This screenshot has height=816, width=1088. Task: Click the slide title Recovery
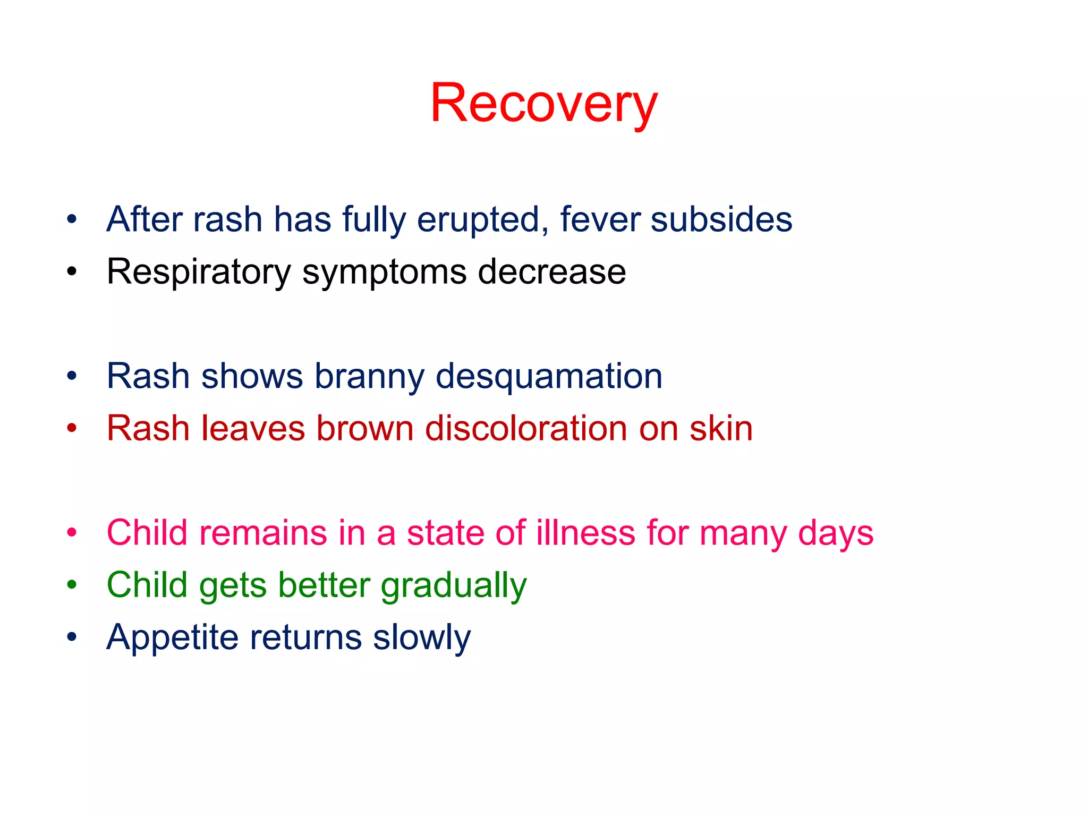543,104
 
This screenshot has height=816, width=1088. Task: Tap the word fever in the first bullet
599,219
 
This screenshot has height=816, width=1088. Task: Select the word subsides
721,219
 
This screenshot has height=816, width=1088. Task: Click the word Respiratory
198,272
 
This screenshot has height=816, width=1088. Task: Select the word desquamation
549,377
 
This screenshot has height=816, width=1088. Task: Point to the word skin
721,428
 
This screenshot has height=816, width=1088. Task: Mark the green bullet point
72,585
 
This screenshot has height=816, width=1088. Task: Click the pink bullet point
72,533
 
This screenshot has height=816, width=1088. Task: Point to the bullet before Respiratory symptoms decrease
72,272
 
